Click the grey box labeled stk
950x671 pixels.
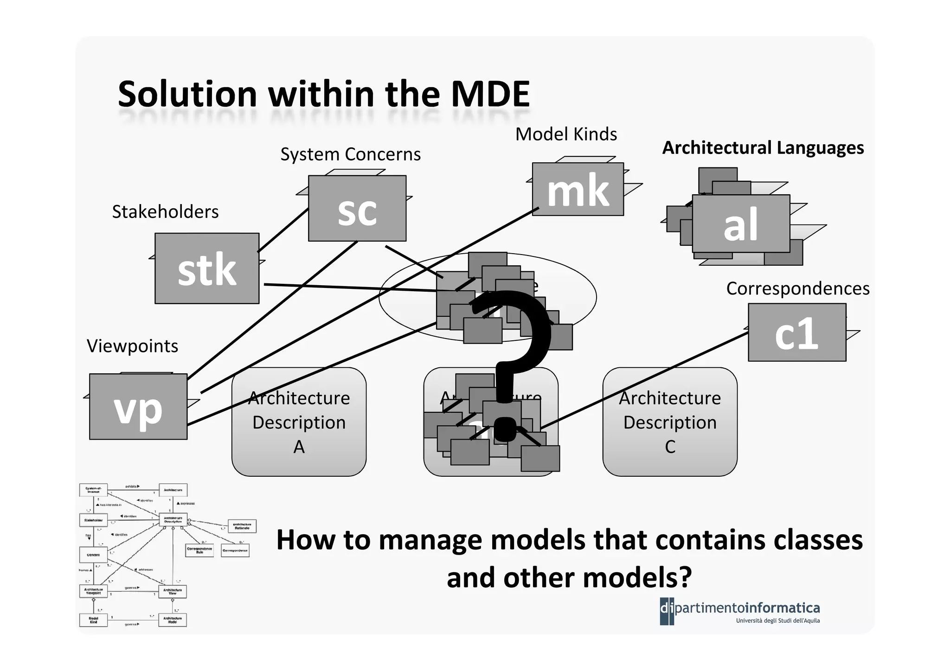point(207,269)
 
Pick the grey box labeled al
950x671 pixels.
point(741,224)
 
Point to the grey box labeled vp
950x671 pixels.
point(138,407)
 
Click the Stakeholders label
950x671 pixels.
point(165,212)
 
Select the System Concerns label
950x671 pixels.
point(350,154)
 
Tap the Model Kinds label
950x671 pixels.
point(566,134)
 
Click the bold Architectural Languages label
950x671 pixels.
point(763,148)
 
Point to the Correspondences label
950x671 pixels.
point(797,288)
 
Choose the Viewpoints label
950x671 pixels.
point(132,346)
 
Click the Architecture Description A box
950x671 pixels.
point(299,422)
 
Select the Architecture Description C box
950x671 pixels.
point(669,422)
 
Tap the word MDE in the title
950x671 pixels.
point(490,94)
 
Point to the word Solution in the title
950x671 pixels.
point(187,94)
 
